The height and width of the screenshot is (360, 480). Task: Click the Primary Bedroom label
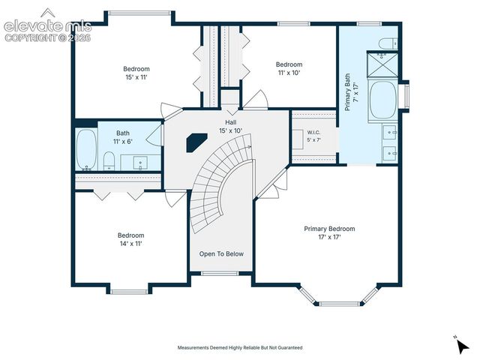(x=329, y=229)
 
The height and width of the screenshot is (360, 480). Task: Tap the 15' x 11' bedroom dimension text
(x=136, y=77)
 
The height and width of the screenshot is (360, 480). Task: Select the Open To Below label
(x=221, y=253)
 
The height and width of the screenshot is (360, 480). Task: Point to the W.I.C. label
(x=313, y=133)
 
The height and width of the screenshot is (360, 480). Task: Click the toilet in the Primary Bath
(x=388, y=43)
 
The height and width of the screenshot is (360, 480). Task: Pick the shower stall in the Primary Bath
(x=382, y=65)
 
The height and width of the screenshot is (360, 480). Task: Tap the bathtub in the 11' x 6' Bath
(x=86, y=149)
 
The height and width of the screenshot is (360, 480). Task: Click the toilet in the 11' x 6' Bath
(x=109, y=161)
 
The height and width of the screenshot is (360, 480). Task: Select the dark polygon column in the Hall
(x=196, y=142)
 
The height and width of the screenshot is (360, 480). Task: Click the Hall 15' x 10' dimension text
(x=230, y=130)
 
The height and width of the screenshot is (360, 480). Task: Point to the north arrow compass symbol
(x=462, y=346)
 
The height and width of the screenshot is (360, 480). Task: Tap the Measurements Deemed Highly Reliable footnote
(x=240, y=347)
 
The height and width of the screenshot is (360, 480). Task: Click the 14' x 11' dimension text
(x=131, y=244)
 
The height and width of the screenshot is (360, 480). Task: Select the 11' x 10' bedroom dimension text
(x=289, y=73)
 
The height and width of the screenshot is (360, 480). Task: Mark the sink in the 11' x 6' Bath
(x=140, y=163)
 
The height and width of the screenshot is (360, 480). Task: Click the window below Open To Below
(x=220, y=273)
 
